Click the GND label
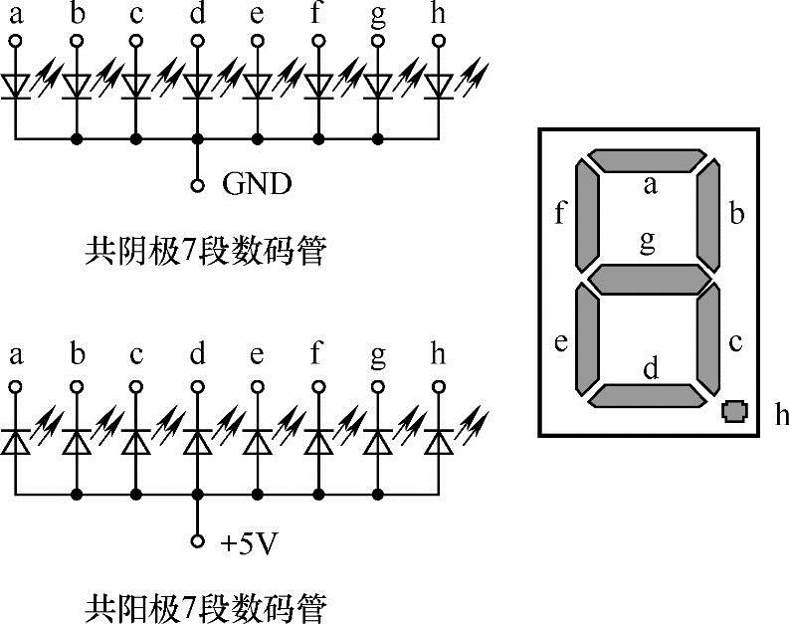tap(257, 184)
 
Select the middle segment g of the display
tap(648, 280)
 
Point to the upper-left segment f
tap(587, 217)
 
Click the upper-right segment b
tap(707, 217)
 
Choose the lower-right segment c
tap(707, 339)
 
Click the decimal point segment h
tap(734, 410)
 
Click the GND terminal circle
tap(197, 185)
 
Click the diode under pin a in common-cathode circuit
tap(15, 86)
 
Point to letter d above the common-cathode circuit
tap(197, 15)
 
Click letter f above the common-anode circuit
tap(317, 354)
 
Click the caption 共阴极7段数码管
tap(206, 252)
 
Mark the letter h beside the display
tap(782, 414)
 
